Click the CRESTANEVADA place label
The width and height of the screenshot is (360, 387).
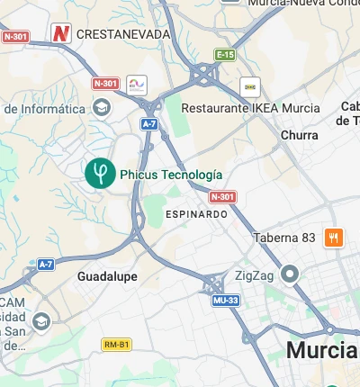click(x=123, y=34)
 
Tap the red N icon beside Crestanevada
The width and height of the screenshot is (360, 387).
click(x=61, y=34)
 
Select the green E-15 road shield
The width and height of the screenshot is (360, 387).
click(x=225, y=55)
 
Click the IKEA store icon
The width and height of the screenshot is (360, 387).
click(x=250, y=86)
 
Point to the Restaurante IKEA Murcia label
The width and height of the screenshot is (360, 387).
click(x=250, y=108)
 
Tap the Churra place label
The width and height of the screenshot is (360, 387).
click(x=300, y=135)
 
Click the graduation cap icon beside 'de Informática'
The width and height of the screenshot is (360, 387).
click(x=102, y=109)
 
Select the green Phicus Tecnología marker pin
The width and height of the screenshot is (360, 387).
click(x=99, y=171)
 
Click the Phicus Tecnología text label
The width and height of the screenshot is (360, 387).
click(x=171, y=175)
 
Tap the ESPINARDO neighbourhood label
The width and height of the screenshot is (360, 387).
click(x=196, y=214)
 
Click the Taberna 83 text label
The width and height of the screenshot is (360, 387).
click(x=284, y=238)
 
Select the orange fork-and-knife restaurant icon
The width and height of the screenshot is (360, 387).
click(x=334, y=238)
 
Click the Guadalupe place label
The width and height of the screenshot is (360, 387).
click(x=107, y=276)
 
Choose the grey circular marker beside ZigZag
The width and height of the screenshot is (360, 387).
click(x=290, y=274)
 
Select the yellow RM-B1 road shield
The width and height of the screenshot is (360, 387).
click(x=116, y=345)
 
